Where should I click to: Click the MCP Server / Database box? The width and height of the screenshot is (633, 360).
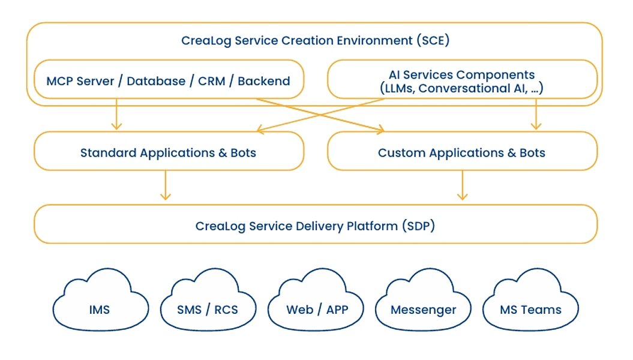[x=169, y=80]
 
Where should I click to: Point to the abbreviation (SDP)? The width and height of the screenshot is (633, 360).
[x=418, y=226]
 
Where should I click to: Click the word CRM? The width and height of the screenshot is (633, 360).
[x=212, y=81]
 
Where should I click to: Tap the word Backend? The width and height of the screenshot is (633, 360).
[x=264, y=81]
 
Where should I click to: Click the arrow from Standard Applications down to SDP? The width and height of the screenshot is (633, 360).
[x=166, y=185]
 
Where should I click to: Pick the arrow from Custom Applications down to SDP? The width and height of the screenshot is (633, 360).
[x=461, y=185]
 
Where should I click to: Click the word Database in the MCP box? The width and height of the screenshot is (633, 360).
[x=156, y=81]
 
